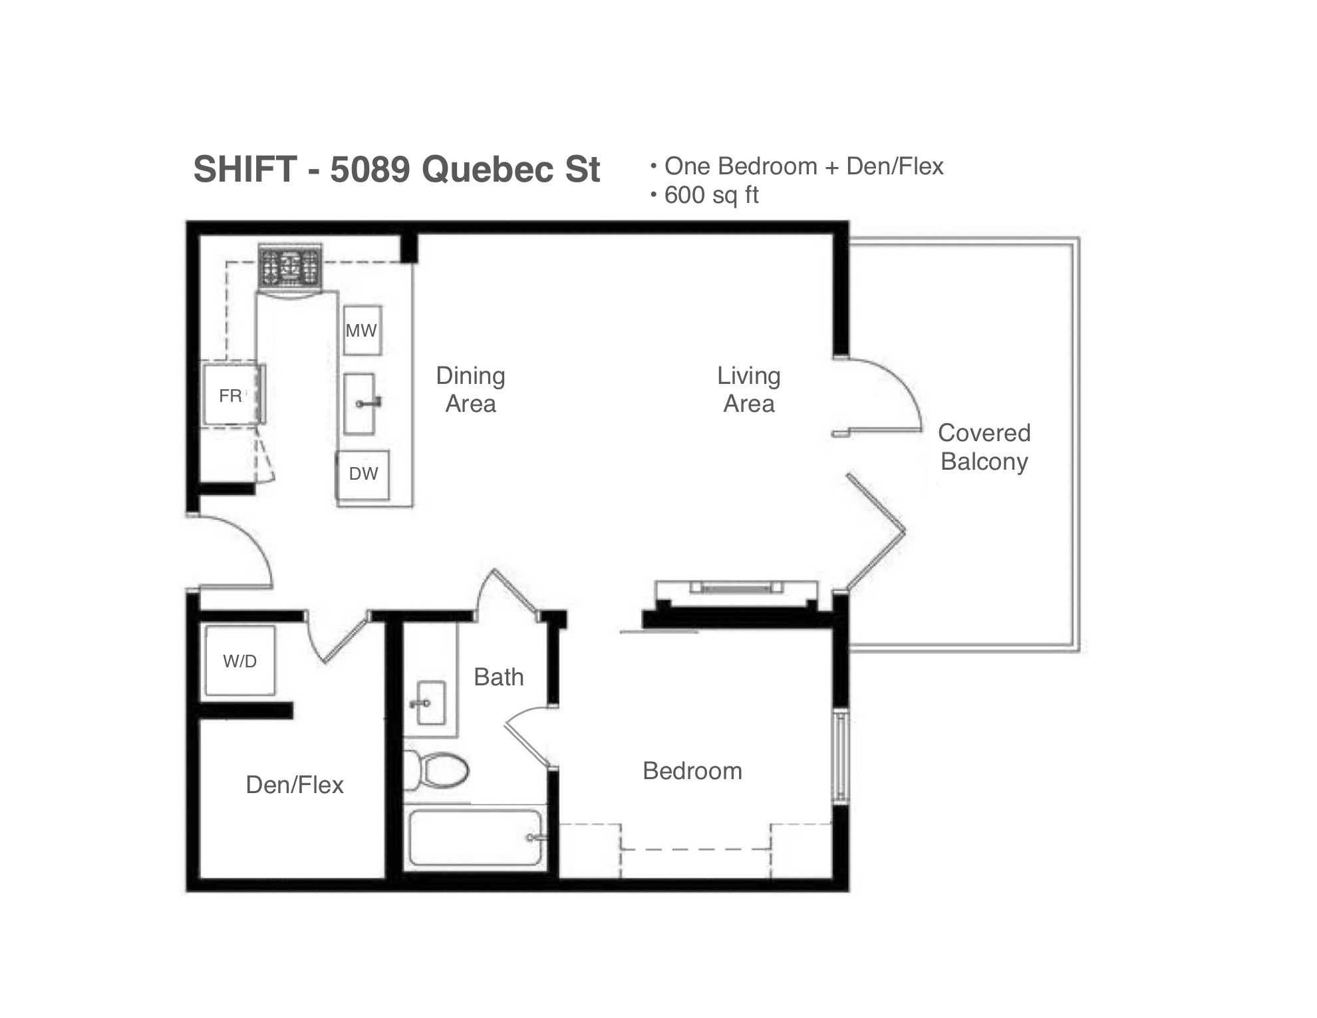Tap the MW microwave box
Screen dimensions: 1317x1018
tap(362, 331)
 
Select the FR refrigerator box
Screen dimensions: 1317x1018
tap(231, 395)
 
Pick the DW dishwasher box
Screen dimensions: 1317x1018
tap(363, 474)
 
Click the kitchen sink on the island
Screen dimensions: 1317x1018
tap(361, 404)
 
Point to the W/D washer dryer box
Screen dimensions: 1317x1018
tap(239, 661)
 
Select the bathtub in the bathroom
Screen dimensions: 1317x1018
tap(475, 837)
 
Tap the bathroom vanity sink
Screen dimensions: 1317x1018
tap(430, 703)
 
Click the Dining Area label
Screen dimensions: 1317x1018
tap(471, 390)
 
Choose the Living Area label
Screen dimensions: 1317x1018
tap(749, 390)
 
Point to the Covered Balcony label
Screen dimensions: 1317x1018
tap(984, 447)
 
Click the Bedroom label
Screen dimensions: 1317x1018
tap(692, 770)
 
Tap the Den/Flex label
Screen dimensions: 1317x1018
tap(295, 785)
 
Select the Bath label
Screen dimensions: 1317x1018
tap(499, 677)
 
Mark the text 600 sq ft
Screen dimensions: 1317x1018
tap(712, 196)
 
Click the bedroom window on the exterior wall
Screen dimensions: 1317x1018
tap(841, 757)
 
